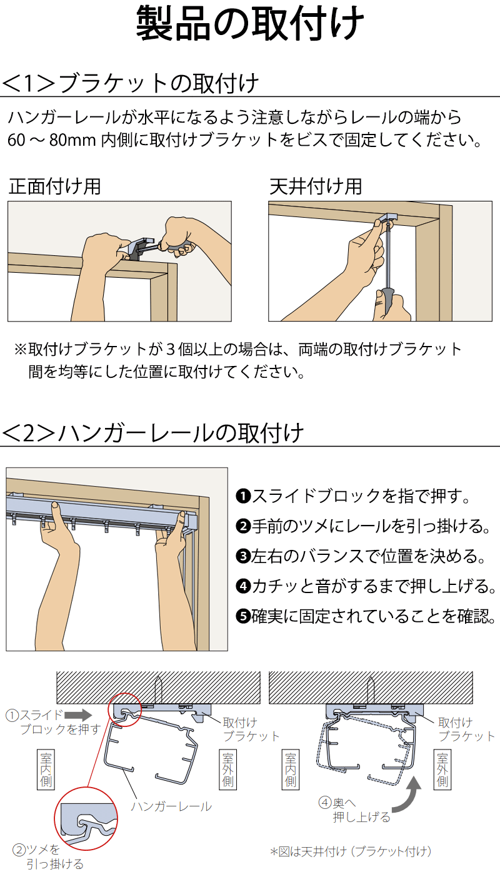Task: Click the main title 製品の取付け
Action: pos(250,25)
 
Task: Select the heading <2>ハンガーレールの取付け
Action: pos(153,432)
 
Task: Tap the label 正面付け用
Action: pos(54,186)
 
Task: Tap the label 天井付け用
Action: pos(316,186)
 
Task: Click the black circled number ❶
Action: pos(242,497)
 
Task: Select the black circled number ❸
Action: pos(242,556)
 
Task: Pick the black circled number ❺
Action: pos(242,616)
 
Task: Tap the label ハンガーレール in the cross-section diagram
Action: pos(171,806)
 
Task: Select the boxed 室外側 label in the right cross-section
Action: pos(442,769)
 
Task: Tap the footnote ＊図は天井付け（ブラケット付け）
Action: pos(351,851)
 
